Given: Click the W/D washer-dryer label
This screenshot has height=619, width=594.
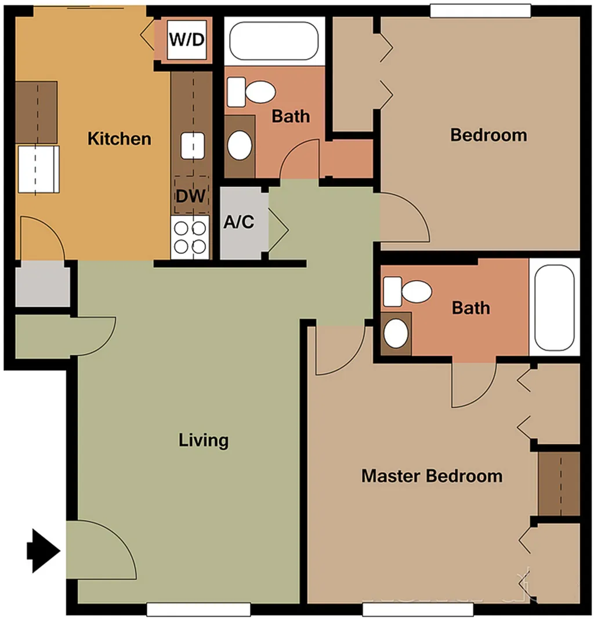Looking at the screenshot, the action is click(x=187, y=39).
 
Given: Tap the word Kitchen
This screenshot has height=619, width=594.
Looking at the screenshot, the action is click(x=119, y=139).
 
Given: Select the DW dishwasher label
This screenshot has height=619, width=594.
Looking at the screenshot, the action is click(x=191, y=196).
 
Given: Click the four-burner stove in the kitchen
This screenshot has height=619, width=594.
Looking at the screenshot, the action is click(x=190, y=237).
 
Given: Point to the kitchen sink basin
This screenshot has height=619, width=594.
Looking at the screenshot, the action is click(x=193, y=146).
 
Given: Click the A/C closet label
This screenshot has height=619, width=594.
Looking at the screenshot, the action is click(x=239, y=222).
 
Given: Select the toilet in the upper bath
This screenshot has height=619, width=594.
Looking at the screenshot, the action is click(x=251, y=92).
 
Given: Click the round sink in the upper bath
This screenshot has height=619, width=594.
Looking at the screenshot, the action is click(x=240, y=145).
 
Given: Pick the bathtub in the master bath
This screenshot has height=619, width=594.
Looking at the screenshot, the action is click(x=554, y=308).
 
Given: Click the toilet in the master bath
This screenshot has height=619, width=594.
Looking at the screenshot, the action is click(x=407, y=292).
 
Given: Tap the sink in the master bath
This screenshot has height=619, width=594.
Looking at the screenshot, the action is click(x=396, y=334).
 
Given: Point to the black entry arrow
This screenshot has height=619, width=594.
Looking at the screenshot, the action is click(x=44, y=551).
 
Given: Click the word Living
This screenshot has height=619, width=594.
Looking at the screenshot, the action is click(x=204, y=440).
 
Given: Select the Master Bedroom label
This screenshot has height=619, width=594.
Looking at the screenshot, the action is click(x=432, y=476).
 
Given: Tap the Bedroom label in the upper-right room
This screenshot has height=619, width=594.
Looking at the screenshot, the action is click(x=489, y=135).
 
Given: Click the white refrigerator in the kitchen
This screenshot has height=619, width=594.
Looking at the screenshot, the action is click(x=38, y=169).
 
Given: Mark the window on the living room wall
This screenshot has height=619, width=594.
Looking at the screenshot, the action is click(x=198, y=609).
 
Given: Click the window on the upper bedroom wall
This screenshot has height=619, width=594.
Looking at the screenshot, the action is click(x=480, y=10).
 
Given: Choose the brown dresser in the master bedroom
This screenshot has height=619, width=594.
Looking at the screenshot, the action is click(x=559, y=484).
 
